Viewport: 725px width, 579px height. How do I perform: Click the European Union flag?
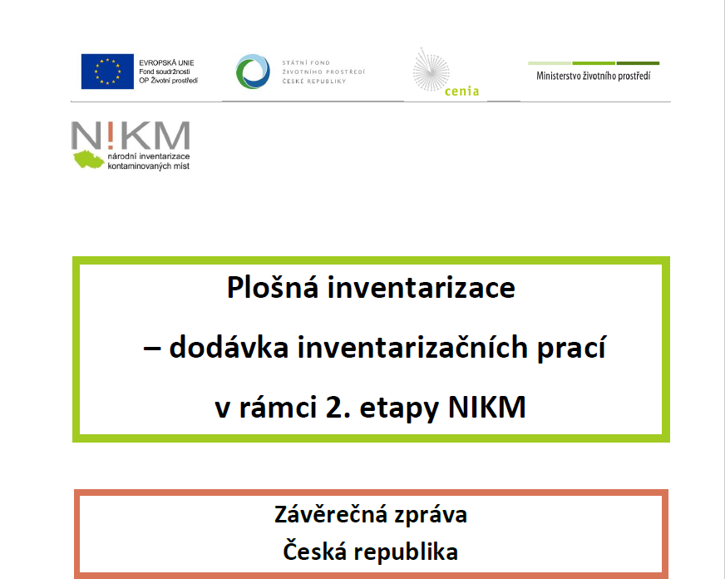107,72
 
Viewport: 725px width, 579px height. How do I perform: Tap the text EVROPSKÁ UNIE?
166,62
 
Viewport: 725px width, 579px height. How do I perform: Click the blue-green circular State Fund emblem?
253,72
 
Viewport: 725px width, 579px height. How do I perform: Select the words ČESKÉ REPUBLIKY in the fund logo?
314,81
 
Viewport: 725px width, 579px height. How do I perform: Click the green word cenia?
461,92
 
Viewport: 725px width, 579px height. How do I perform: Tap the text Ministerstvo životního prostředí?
594,76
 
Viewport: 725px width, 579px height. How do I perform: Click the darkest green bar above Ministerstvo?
638,63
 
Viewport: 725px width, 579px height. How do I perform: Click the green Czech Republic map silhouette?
89,159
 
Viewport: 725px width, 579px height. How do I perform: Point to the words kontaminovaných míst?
149,166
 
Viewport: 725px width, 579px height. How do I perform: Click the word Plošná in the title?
273,287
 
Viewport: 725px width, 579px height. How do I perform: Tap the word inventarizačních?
412,347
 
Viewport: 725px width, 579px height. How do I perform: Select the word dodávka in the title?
229,347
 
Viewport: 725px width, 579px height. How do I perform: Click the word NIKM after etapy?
487,407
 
